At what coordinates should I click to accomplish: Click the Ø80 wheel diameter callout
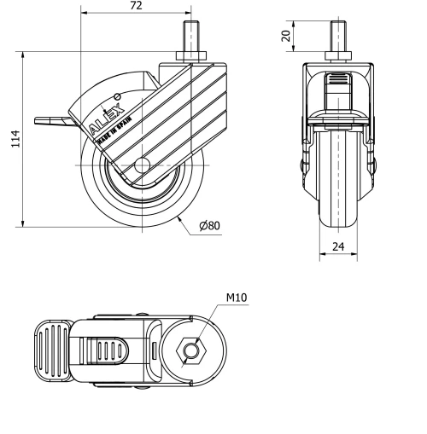click(x=209, y=226)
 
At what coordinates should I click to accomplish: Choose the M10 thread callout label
click(x=237, y=298)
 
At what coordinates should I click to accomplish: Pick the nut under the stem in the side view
click(x=190, y=59)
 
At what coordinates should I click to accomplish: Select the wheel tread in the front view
click(x=338, y=205)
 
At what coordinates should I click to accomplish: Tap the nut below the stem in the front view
click(x=338, y=60)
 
